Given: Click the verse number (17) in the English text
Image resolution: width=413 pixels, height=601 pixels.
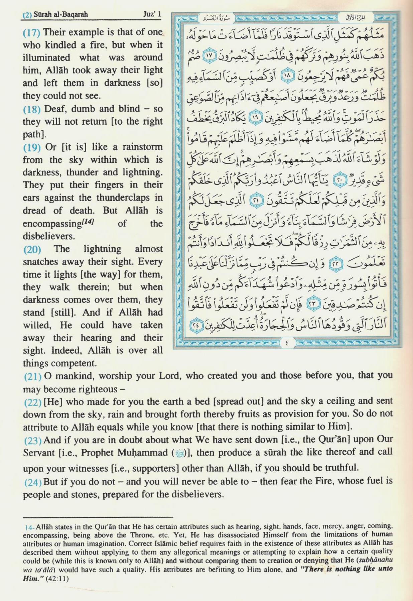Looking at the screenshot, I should pyautogui.click(x=31, y=32).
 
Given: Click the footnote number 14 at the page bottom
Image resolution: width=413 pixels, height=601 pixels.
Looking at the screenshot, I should pyautogui.click(x=29, y=527).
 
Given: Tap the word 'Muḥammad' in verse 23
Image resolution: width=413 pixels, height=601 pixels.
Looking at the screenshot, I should pyautogui.click(x=144, y=453).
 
